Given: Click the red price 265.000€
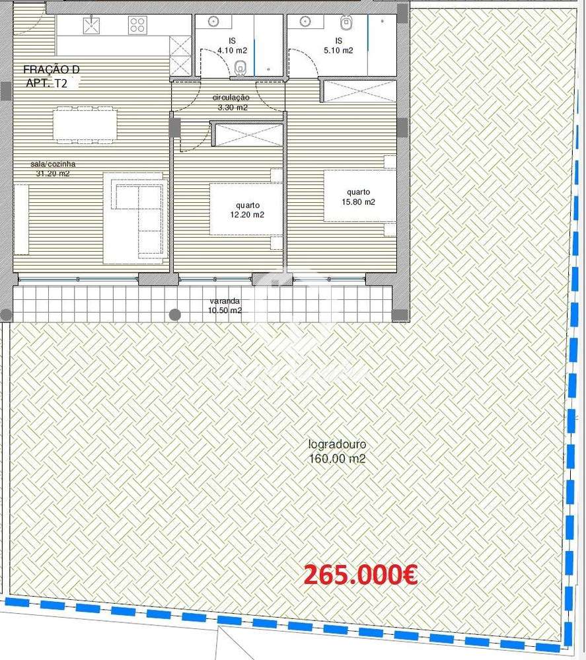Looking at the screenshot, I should [360, 575].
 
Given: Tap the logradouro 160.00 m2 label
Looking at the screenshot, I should [337, 452].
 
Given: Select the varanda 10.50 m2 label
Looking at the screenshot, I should [225, 305].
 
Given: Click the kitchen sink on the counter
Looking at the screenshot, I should [91, 25].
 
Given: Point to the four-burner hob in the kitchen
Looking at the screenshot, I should [137, 25].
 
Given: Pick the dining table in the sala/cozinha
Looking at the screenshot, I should [85, 124].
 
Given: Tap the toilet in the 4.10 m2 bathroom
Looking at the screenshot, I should [241, 65].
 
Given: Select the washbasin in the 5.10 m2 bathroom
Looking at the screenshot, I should [305, 22].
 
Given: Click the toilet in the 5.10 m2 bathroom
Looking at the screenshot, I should [346, 23].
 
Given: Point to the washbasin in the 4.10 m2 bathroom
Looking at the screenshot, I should [213, 22].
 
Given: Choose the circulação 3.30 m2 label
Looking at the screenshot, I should [230, 102].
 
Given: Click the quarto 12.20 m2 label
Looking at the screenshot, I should [245, 209].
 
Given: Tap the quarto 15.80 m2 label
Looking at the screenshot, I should [359, 198].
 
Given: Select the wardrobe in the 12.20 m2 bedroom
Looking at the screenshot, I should [246, 135].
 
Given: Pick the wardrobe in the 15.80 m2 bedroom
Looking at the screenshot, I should [359, 91].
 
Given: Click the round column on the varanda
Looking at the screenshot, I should [174, 314].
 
